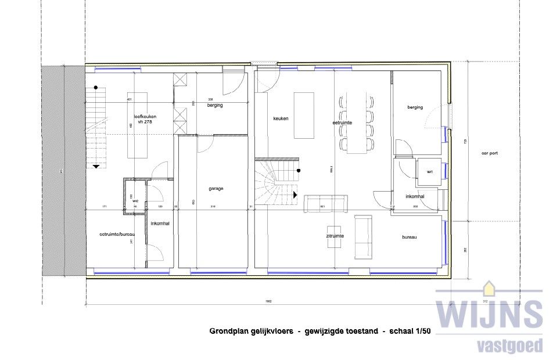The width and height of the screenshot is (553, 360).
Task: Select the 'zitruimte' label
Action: (x=335, y=236)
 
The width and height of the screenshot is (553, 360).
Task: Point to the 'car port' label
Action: (x=490, y=154)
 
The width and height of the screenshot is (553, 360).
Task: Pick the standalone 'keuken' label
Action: (x=281, y=118)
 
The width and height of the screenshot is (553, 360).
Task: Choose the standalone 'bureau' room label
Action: (x=410, y=237)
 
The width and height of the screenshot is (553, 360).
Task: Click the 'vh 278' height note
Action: (x=144, y=123)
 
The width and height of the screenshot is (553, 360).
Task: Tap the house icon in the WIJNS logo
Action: (x=489, y=288)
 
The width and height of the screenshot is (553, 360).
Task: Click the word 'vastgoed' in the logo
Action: (x=508, y=346)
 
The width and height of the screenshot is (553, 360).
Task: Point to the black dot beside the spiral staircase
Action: (x=298, y=171)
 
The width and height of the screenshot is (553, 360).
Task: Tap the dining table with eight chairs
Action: (x=357, y=122)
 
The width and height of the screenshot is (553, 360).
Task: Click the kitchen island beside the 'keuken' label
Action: (x=304, y=115)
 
